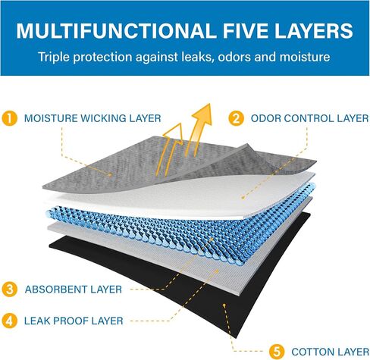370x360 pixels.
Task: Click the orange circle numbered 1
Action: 10,118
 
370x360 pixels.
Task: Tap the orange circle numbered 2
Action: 236,118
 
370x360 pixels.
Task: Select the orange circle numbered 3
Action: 10,290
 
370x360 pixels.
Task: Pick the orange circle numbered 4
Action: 10,321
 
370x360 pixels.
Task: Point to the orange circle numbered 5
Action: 277,352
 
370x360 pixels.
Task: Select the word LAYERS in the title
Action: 314,30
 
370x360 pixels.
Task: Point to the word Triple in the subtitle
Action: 54,57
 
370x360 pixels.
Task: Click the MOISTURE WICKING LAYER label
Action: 92,118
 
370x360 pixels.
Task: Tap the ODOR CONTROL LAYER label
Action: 309,118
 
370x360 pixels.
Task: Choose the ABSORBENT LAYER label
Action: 74,290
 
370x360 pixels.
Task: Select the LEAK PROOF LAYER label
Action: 74,321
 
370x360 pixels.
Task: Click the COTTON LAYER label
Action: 330,352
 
